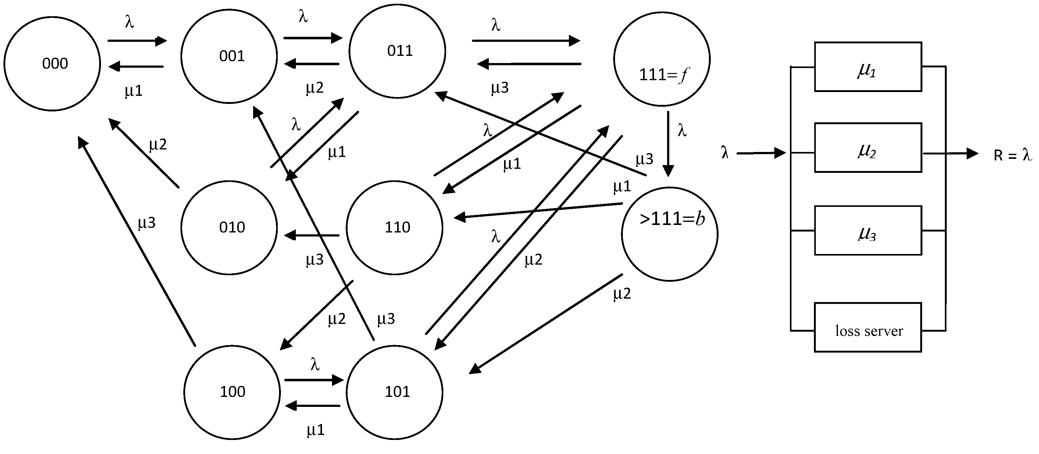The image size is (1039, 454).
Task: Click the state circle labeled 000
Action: (x=52, y=63)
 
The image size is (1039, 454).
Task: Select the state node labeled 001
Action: (x=229, y=56)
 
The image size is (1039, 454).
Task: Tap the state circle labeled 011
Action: (x=397, y=51)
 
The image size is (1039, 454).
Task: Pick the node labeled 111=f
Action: (x=661, y=59)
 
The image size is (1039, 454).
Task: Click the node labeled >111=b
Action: (x=670, y=234)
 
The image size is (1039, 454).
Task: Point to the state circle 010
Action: (x=229, y=227)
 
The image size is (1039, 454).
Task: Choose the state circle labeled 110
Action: (x=394, y=227)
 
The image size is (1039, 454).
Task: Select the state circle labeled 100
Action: (x=232, y=392)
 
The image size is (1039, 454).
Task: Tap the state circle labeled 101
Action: (x=394, y=392)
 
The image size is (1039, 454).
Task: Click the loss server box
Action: (x=868, y=327)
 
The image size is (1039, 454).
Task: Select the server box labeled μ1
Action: (x=868, y=67)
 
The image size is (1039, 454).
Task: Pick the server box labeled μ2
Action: (x=868, y=148)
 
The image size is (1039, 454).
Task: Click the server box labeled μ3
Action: (x=868, y=230)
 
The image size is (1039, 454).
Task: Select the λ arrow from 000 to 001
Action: (x=137, y=41)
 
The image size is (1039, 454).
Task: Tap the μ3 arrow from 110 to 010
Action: (x=313, y=235)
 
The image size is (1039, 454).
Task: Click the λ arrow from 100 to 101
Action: (x=314, y=380)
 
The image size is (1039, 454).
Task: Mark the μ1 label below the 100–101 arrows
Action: (x=315, y=430)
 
